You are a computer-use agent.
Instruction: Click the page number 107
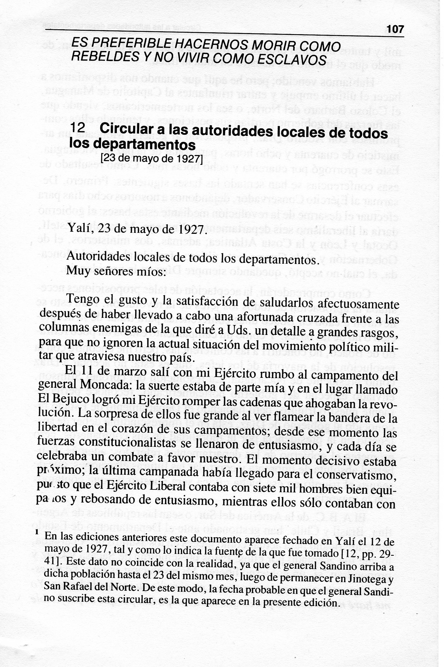(395, 29)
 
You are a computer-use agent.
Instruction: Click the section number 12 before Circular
(77, 129)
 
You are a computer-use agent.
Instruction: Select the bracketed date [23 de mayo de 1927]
(151, 159)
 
